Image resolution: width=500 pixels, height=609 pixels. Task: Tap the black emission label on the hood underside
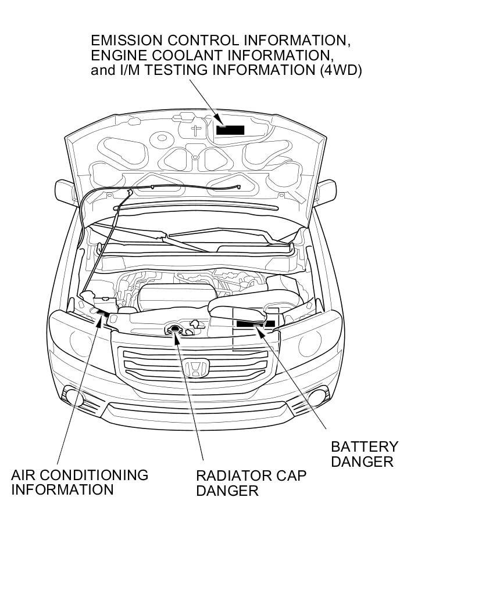coord(230,129)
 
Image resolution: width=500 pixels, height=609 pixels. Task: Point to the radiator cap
coord(174,330)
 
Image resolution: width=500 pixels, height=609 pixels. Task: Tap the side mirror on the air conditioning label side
coord(65,190)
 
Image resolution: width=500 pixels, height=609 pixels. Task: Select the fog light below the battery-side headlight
coord(317,397)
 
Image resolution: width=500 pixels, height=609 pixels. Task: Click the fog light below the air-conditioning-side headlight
coord(73,397)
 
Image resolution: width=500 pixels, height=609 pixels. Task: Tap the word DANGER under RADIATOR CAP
coord(227,491)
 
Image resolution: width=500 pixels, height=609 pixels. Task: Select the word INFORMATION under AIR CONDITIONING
coord(62,489)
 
